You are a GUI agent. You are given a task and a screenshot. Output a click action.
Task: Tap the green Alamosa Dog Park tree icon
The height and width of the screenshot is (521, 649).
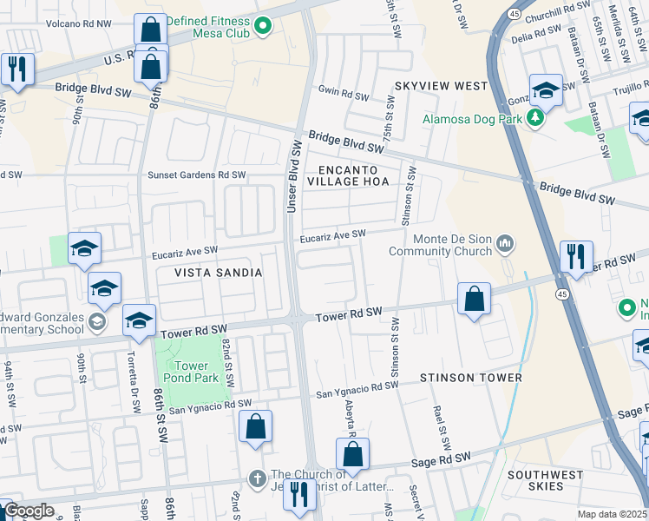tap(535, 118)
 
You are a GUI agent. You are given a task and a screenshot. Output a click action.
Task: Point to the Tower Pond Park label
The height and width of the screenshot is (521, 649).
tap(192, 373)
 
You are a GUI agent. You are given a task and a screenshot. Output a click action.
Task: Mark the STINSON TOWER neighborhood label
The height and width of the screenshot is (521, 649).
tap(470, 378)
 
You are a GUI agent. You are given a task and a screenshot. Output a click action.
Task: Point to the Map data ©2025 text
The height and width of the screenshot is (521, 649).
tap(612, 514)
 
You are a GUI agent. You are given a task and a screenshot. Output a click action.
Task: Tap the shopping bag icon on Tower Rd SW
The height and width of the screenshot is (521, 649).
tap(474, 300)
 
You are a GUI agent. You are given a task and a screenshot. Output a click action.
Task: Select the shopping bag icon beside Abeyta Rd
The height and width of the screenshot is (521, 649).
tap(352, 454)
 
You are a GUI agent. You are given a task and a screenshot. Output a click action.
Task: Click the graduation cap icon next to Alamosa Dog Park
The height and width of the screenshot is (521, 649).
tap(546, 89)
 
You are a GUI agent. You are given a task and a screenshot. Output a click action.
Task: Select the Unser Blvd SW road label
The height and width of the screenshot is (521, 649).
tap(295, 178)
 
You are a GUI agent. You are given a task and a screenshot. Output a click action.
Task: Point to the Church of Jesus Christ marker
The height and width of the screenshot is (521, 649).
tap(256, 478)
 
